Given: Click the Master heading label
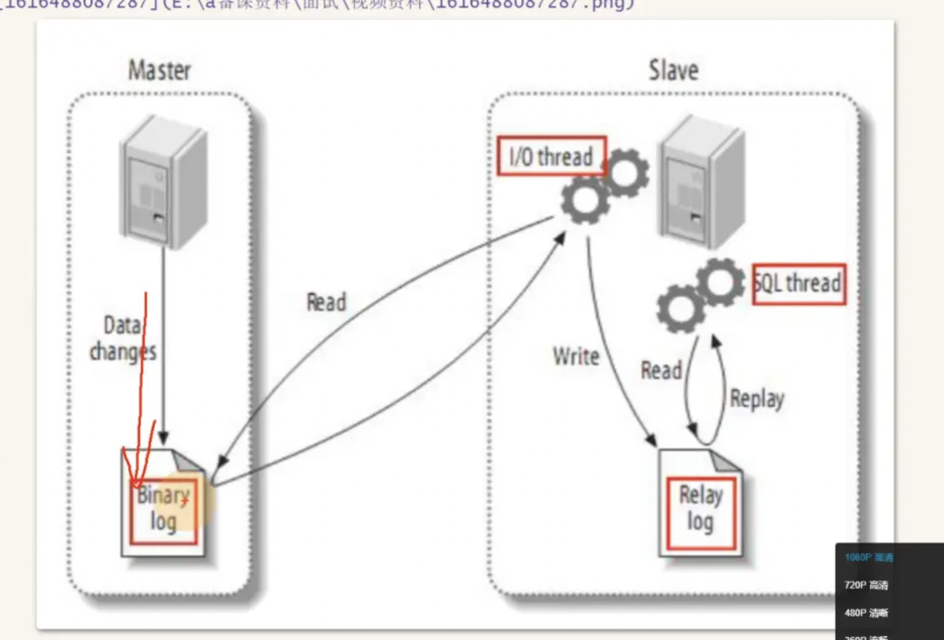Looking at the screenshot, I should (159, 70).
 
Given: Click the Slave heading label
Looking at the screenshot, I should (673, 70).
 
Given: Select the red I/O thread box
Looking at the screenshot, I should (551, 156).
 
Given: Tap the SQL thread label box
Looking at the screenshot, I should (799, 284).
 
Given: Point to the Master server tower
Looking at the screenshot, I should (163, 182).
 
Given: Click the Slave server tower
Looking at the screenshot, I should (701, 182).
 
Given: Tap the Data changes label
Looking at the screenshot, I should (123, 339).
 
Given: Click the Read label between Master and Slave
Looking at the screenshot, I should (326, 302).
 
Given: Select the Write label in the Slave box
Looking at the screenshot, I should (576, 357).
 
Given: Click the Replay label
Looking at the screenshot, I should (757, 398).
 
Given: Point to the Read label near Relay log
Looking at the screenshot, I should (661, 370).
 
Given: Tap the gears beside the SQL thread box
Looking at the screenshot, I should (700, 294).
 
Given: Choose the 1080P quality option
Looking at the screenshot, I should (868, 558).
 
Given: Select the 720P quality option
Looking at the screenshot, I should (866, 585).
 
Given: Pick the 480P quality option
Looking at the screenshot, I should (866, 613).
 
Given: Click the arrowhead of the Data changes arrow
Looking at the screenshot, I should (163, 438).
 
